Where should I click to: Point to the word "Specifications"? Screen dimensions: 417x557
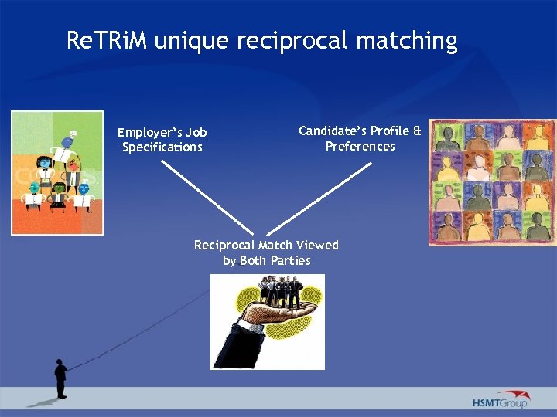click(x=162, y=147)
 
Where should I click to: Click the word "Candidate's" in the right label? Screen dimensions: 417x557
click(x=333, y=131)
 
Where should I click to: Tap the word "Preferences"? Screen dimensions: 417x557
click(x=360, y=146)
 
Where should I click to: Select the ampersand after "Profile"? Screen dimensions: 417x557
click(x=417, y=131)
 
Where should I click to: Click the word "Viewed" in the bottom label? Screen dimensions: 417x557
click(x=318, y=245)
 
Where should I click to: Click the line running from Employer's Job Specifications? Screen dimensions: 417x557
click(x=207, y=196)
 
